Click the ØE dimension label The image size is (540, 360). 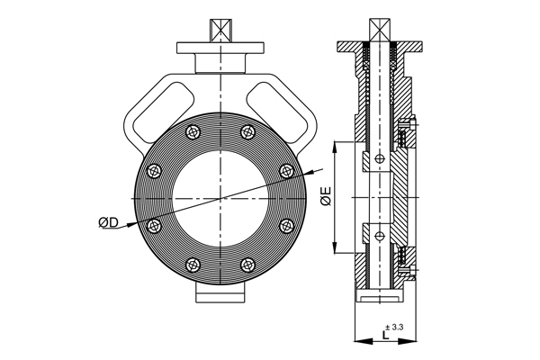(x=327, y=195)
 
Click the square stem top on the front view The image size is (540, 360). (x=220, y=28)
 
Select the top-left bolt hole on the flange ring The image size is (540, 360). (x=191, y=133)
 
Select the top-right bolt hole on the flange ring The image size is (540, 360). (x=247, y=133)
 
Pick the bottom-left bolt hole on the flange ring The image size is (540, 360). (x=191, y=264)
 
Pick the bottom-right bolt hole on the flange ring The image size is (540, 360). (x=247, y=264)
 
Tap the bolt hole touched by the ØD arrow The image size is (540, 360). (x=153, y=224)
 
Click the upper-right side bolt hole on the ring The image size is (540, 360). (x=286, y=170)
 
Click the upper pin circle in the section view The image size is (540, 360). (x=381, y=159)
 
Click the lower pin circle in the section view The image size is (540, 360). (x=381, y=237)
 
